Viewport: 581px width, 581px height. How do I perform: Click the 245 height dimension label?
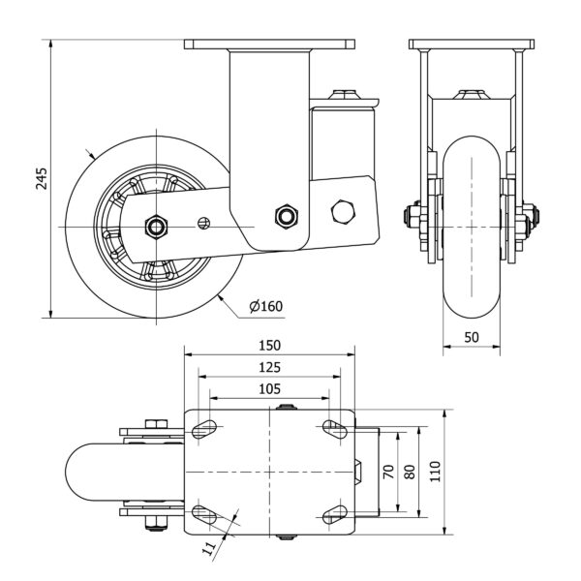coord(41,178)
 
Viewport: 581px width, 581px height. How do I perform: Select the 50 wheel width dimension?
coord(472,336)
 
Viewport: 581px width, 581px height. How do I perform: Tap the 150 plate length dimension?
coord(270,346)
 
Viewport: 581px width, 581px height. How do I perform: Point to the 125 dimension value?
coord(270,367)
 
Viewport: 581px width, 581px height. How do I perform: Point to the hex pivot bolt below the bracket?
coord(285,215)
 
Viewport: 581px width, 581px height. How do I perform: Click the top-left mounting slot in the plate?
coord(205,428)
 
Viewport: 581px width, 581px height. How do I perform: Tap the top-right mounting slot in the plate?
coord(334,428)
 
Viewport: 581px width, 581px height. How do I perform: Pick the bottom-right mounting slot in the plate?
coord(334,513)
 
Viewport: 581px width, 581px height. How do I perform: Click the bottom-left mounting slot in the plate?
coord(205,513)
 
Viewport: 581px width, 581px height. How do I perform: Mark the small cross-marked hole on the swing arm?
coord(203,224)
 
